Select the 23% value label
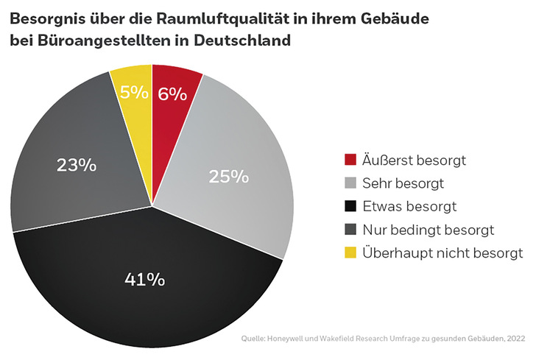77,165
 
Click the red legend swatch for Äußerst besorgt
350,160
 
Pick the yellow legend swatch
350,253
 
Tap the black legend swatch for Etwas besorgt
350,207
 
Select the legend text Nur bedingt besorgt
422,230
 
